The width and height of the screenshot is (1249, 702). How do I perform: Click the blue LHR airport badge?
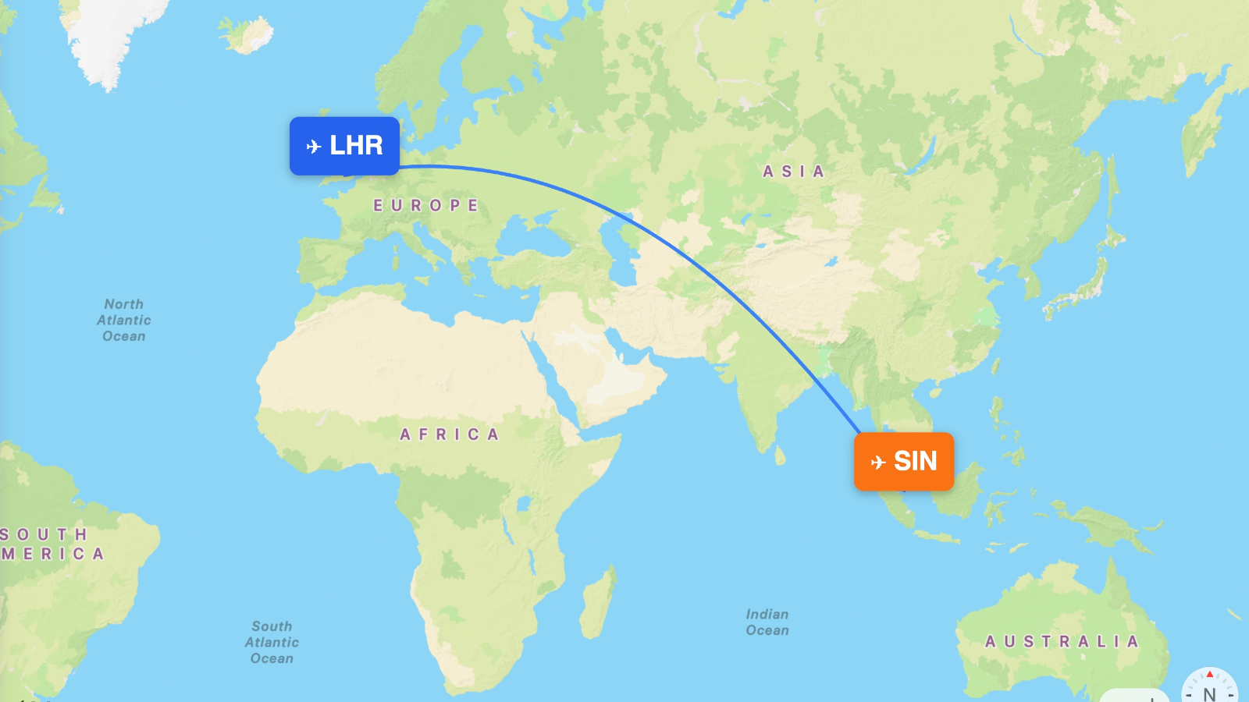click(x=344, y=146)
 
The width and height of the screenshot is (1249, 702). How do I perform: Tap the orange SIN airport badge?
click(x=904, y=462)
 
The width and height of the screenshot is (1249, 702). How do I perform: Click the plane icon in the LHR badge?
click(x=314, y=147)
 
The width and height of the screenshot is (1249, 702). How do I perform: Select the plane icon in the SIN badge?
click(x=878, y=463)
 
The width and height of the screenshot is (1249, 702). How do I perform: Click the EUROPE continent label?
click(x=425, y=206)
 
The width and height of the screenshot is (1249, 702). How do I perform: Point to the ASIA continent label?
click(x=793, y=172)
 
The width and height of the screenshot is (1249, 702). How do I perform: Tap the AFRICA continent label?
click(x=449, y=434)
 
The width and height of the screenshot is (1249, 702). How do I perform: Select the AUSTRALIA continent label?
click(x=1062, y=642)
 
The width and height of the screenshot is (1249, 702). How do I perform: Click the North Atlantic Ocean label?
click(x=124, y=320)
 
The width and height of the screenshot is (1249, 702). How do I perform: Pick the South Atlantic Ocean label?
click(x=272, y=642)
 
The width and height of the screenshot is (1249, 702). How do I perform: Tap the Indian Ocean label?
click(x=767, y=622)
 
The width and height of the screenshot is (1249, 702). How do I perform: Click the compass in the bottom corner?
click(x=1209, y=688)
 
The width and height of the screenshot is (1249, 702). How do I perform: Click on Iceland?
click(x=248, y=34)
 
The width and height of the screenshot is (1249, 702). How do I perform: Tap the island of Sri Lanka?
click(x=779, y=455)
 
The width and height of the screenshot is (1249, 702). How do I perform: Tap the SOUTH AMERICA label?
click(x=51, y=544)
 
